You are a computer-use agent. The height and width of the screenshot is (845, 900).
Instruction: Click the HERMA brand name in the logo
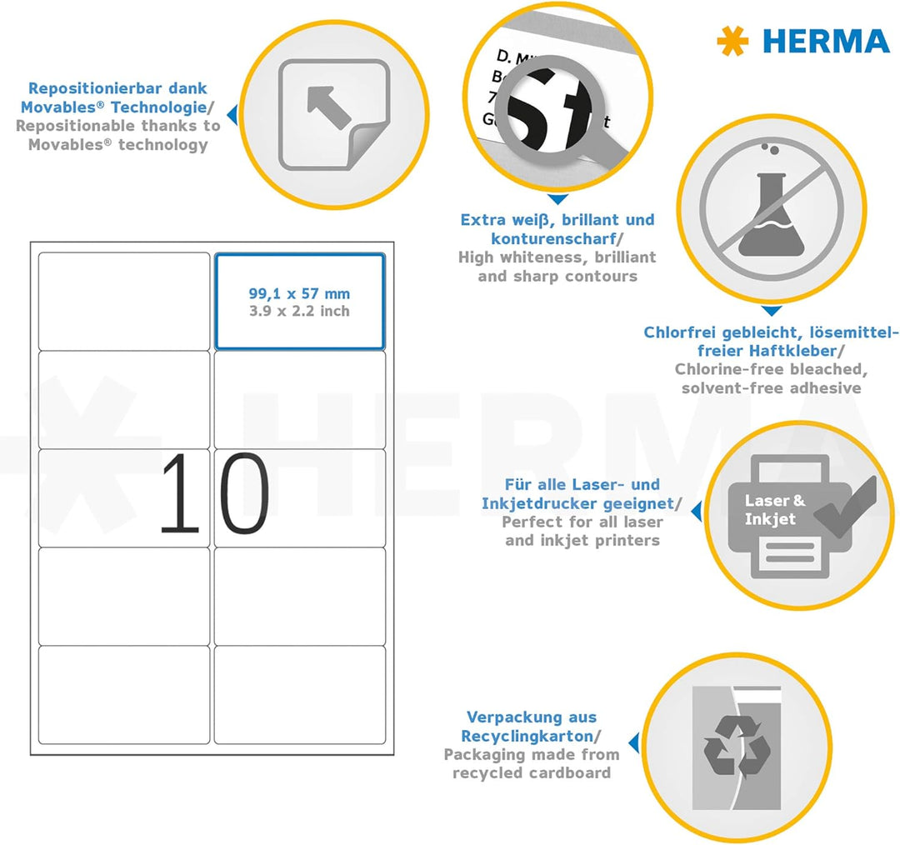point(826,42)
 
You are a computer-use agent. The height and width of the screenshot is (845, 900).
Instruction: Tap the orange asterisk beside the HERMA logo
point(732,42)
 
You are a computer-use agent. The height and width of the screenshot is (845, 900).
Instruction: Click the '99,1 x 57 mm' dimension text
point(299,293)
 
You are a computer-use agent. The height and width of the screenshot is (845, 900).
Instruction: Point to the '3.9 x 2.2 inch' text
point(299,311)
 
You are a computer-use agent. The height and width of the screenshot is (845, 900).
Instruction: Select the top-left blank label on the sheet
point(124,301)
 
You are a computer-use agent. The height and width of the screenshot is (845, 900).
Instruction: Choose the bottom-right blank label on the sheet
point(299,694)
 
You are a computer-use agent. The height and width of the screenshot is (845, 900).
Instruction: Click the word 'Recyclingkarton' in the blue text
point(527,736)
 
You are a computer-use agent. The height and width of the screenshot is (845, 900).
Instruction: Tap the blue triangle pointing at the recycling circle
point(634,742)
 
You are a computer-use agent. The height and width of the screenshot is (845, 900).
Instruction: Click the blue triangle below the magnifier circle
point(557,200)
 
